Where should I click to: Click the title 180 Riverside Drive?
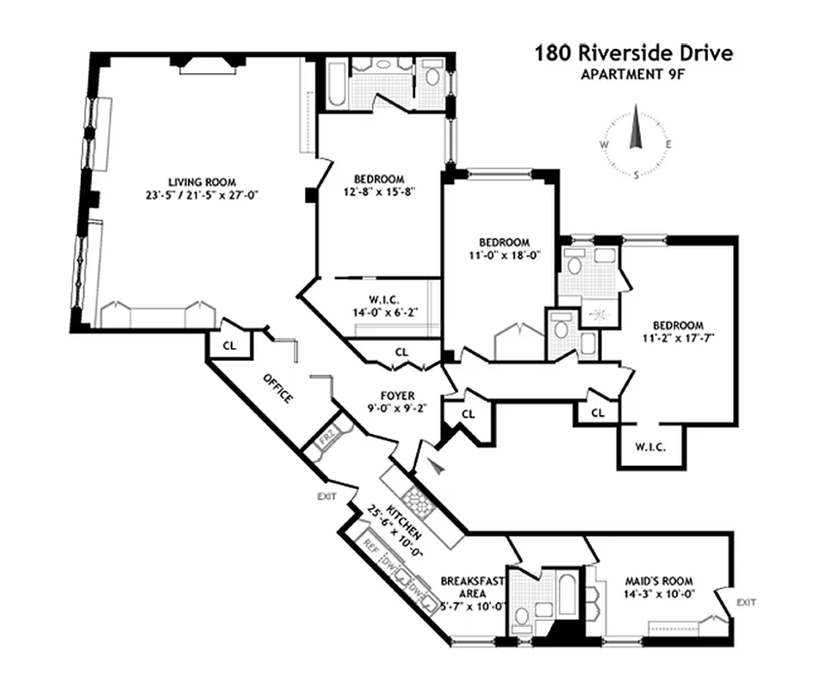(x=633, y=53)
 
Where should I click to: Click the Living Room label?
(x=202, y=182)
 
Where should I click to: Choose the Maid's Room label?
(x=658, y=581)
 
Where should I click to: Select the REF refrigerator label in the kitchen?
(x=370, y=544)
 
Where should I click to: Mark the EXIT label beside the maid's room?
(x=746, y=602)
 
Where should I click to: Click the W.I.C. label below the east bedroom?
(x=651, y=446)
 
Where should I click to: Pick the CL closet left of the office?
(x=228, y=344)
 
